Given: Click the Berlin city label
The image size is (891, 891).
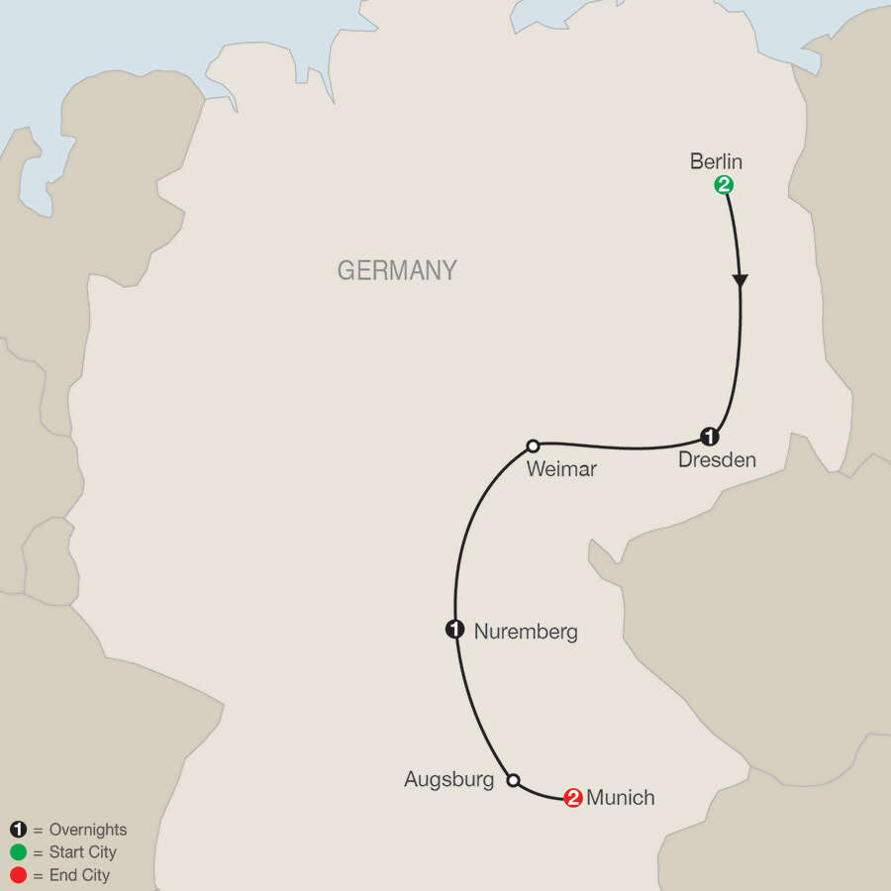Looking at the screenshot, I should [x=716, y=161].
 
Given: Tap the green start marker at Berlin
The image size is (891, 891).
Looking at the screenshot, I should [x=724, y=184].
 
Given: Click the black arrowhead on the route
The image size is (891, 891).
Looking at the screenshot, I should [x=740, y=282].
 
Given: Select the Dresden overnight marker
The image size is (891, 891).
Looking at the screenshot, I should [x=709, y=436].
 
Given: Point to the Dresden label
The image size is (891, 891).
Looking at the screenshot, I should [x=717, y=460].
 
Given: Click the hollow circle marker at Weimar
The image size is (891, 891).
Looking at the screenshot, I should [x=533, y=445].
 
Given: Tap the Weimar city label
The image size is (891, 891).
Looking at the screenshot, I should [x=561, y=469].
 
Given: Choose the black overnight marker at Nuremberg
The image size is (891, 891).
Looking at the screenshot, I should [x=454, y=629].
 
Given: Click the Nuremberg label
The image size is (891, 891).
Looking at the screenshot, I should [x=526, y=631].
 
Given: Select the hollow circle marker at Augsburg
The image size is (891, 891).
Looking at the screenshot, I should [x=513, y=780].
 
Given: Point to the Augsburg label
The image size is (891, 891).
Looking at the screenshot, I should [x=448, y=780].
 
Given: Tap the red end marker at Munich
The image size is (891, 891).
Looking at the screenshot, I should [x=572, y=797].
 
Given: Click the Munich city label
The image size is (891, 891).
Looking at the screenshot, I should [x=621, y=797].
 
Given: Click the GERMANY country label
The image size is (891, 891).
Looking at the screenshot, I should [x=397, y=270].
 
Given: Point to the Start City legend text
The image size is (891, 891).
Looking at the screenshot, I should [x=81, y=852].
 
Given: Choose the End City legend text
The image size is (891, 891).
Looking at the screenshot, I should [x=78, y=875].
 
